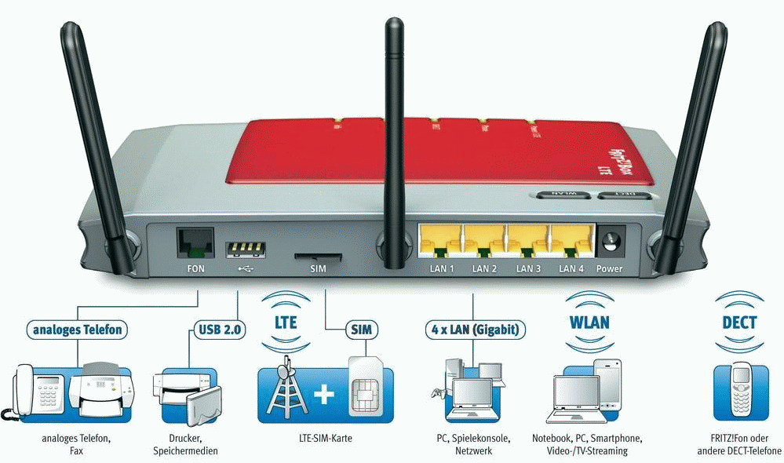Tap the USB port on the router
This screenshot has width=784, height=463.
pyautogui.click(x=243, y=250)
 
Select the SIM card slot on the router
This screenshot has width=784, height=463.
pyautogui.click(x=318, y=256)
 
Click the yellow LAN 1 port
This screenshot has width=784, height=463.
pyautogui.click(x=440, y=240)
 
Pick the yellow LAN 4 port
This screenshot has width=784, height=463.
pyautogui.click(x=571, y=240)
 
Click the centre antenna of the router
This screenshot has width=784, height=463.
pyautogui.click(x=393, y=118)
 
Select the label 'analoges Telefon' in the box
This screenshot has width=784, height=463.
pyautogui.click(x=77, y=329)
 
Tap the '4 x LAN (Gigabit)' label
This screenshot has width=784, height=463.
pyautogui.click(x=473, y=329)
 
